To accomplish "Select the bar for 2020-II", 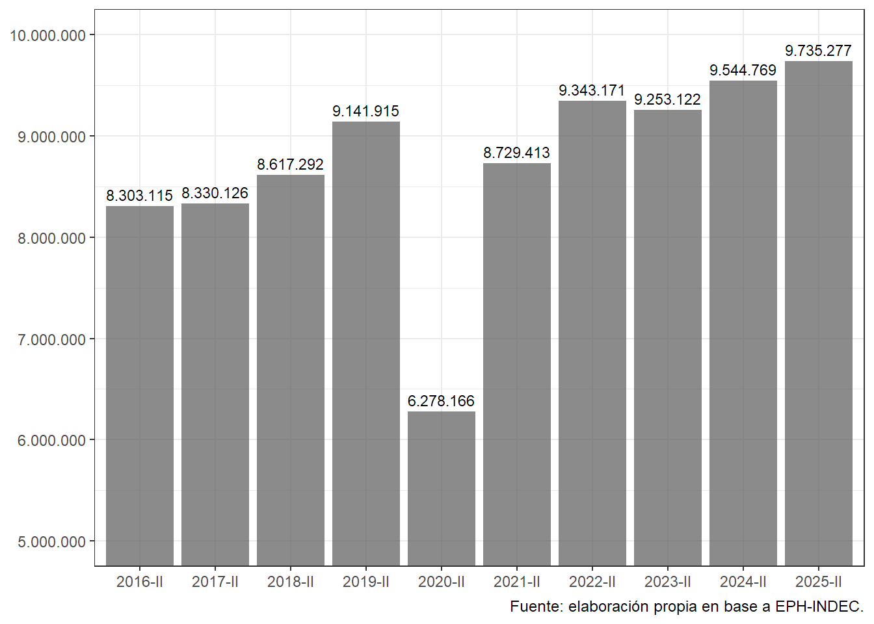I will click(x=442, y=487).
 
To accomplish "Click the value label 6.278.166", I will click(x=441, y=401).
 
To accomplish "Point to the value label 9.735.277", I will click(x=818, y=51).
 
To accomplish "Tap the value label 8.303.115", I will click(x=139, y=196).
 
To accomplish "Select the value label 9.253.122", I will click(x=667, y=99).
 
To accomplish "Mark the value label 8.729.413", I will click(x=516, y=153).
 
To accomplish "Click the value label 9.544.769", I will click(x=743, y=70).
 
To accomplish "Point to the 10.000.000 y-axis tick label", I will click(x=48, y=36).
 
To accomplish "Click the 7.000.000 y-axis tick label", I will click(x=52, y=340).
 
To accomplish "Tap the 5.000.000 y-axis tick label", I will click(x=52, y=542).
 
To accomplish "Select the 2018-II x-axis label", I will click(x=291, y=582).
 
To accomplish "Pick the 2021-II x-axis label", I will click(x=517, y=582).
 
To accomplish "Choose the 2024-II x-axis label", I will click(x=743, y=582).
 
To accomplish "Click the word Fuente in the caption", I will click(x=536, y=606).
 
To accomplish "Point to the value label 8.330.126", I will click(x=215, y=193).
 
